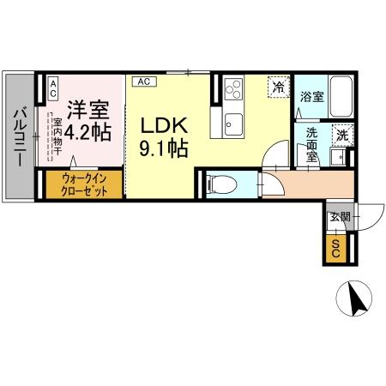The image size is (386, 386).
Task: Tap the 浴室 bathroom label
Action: (x=311, y=98)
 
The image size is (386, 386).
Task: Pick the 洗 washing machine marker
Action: (x=341, y=135)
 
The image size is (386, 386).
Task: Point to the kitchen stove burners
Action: (x=232, y=88)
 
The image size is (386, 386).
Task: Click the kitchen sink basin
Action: (x=233, y=124)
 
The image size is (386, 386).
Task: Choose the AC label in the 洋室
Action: (x=51, y=88)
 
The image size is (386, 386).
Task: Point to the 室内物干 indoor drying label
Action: (x=57, y=139)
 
